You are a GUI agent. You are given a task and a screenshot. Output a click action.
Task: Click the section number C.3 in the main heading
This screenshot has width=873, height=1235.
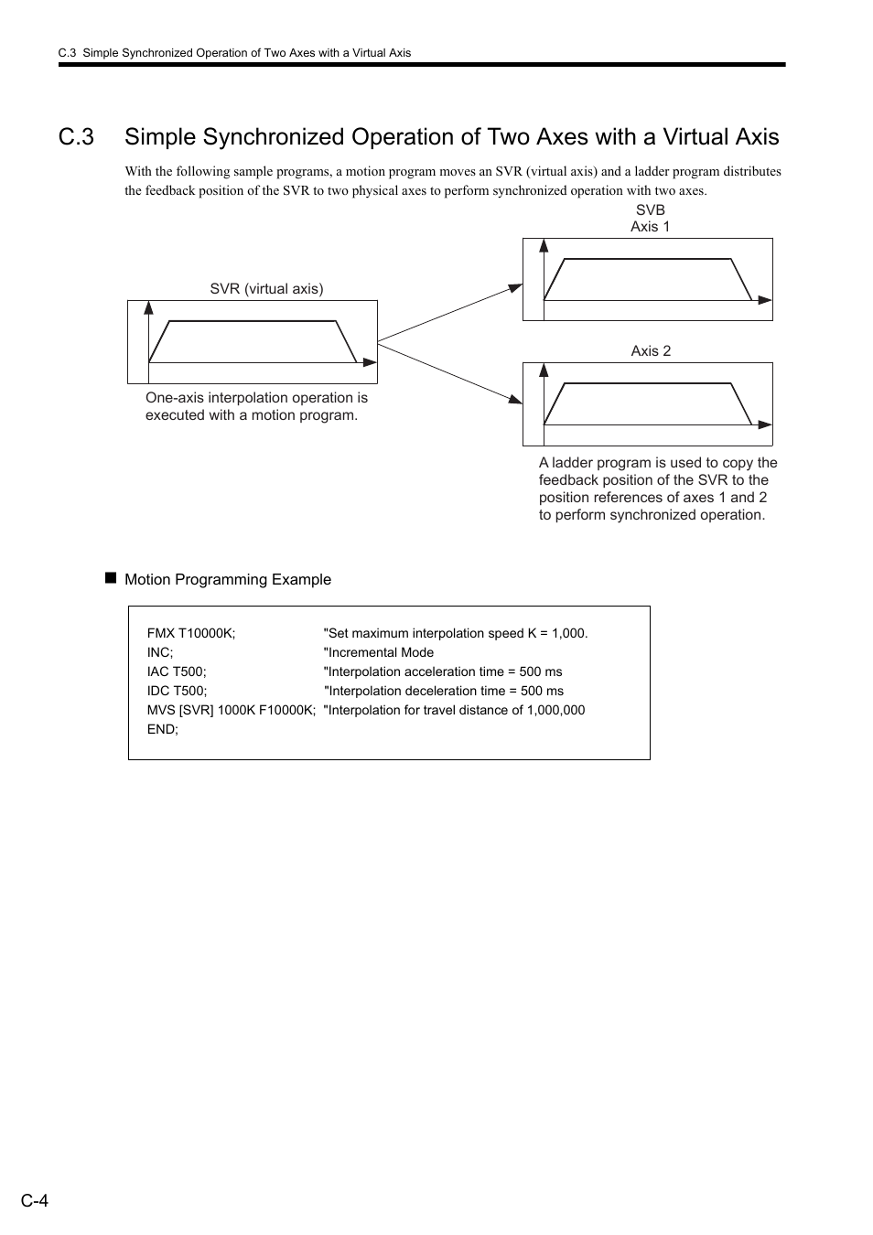76,137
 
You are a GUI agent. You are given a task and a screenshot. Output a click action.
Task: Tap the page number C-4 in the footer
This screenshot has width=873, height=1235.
35,1200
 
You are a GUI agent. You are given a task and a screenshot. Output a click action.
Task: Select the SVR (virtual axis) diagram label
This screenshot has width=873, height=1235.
266,288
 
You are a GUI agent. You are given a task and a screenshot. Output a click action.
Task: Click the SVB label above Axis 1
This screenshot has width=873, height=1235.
650,209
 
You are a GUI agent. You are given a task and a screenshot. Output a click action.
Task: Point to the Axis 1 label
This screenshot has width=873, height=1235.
650,227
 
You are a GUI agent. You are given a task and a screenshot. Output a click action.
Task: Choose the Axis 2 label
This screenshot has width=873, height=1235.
651,351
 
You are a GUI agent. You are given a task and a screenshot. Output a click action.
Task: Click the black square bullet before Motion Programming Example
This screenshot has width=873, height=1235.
111,578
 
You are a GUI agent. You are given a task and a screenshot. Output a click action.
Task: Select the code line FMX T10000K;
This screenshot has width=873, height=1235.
191,633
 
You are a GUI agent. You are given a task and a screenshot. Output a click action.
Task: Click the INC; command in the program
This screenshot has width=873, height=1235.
160,652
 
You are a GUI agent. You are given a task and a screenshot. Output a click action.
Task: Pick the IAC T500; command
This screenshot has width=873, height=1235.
177,671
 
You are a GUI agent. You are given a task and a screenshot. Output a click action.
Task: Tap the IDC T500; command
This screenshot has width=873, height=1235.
178,691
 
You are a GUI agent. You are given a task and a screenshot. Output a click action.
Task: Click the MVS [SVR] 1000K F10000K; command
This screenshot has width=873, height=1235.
232,710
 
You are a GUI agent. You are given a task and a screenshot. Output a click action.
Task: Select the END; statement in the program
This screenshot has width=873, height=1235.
163,729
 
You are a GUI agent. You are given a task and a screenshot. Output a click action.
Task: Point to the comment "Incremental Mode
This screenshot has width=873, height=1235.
379,652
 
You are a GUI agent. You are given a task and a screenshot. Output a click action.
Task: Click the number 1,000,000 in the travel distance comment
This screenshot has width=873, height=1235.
555,710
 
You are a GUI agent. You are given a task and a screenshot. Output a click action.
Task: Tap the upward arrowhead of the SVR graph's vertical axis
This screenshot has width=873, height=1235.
148,308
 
